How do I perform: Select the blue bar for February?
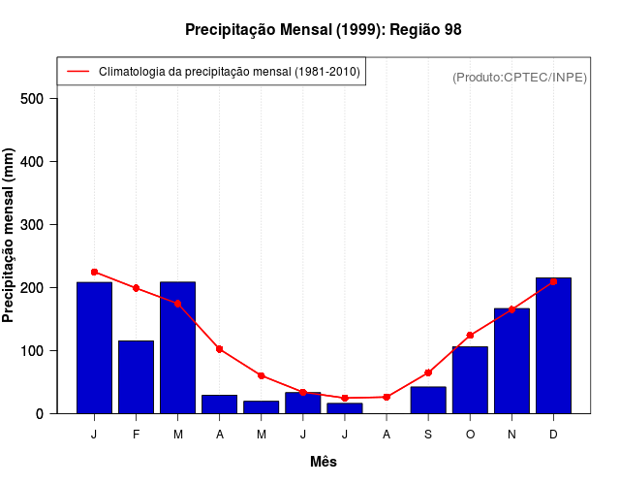pos(136,377)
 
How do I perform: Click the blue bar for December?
pos(553,345)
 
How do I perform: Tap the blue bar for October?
pos(470,380)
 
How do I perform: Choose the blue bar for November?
pos(511,361)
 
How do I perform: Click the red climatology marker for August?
pos(387,397)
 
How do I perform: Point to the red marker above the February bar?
pos(136,288)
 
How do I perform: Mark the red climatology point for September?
pos(428,372)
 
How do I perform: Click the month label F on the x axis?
pos(136,435)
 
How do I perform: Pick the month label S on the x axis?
pos(428,435)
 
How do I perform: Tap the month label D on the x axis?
pos(553,435)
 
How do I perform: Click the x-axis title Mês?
pos(324,462)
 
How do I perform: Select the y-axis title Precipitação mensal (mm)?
pos(10,236)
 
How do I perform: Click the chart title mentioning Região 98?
pos(324,30)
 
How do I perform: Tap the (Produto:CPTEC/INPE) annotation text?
pos(519,78)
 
